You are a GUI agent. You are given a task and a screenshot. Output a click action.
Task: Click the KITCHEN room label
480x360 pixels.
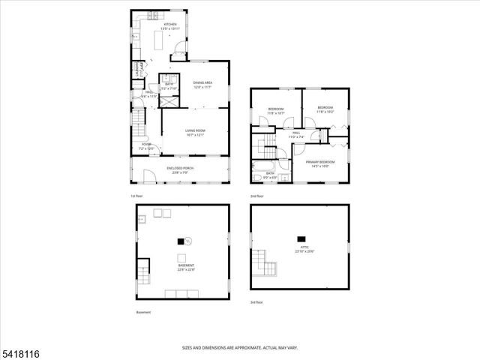pos(170,25)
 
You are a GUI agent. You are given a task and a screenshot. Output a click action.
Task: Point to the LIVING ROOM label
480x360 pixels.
pos(196,133)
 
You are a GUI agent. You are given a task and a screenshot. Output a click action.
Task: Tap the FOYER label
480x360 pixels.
pos(146,146)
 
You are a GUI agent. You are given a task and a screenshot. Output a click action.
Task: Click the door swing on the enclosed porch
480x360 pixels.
pos(148,177)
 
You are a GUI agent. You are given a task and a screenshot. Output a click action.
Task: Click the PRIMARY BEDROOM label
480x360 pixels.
pos(319,163)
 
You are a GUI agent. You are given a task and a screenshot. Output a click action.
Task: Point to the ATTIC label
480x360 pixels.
pos(301,249)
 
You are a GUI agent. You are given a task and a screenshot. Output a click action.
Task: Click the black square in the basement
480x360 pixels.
pos(180,241)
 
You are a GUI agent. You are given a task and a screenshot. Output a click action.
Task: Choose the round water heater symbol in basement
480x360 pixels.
pos(189,241)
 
